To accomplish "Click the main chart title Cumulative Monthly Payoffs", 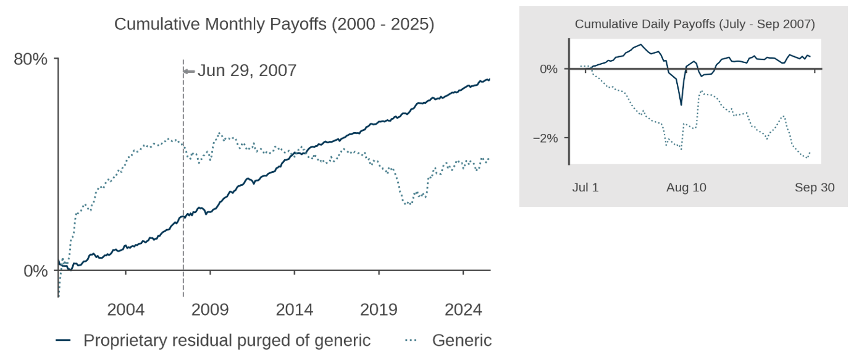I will tap(274, 24).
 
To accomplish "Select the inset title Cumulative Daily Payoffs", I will tap(695, 24).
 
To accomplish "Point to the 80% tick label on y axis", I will tap(31, 59).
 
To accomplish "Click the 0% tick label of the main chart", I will tap(36, 271).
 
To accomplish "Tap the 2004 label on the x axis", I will tap(125, 309).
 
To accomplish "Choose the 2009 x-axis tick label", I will tap(210, 309).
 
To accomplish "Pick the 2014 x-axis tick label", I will tap(295, 309).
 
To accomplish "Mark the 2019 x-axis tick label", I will tap(379, 309).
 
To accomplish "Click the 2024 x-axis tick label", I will tap(464, 309).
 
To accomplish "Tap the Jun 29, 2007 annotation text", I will tap(247, 70).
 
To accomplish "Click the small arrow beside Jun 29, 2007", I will tap(189, 71).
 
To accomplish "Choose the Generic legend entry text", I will tap(462, 340).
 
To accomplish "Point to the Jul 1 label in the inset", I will tap(585, 187).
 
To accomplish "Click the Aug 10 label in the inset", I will tap(686, 187).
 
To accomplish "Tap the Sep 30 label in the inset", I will tap(815, 187).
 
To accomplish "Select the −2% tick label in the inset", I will tap(545, 138).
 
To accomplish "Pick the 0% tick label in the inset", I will tap(548, 69).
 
